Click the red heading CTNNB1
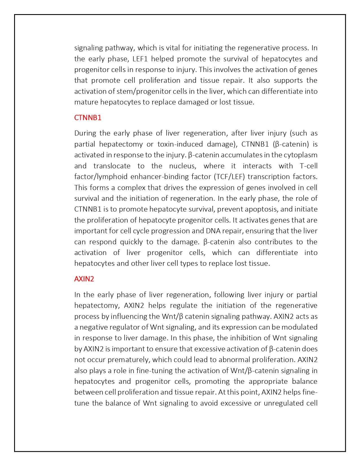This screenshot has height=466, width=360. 88,118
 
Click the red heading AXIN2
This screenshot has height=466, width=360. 84,279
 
